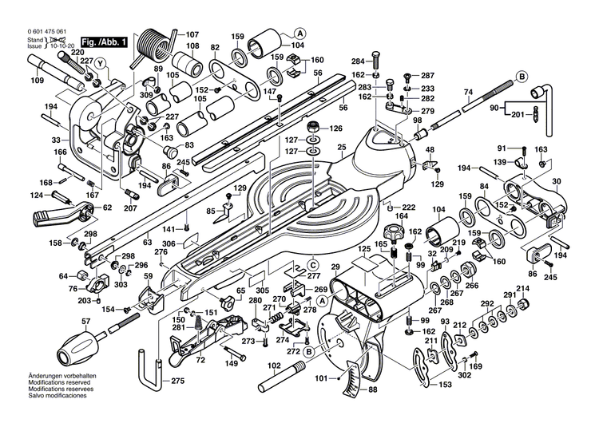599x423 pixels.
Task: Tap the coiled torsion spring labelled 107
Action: tap(153, 43)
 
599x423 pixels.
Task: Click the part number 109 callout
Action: tap(37, 80)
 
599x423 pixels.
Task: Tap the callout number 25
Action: tap(341, 148)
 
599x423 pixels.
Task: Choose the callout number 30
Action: tap(557, 181)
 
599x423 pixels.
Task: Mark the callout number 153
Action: tap(446, 385)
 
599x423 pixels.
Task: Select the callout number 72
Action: tap(201, 361)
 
